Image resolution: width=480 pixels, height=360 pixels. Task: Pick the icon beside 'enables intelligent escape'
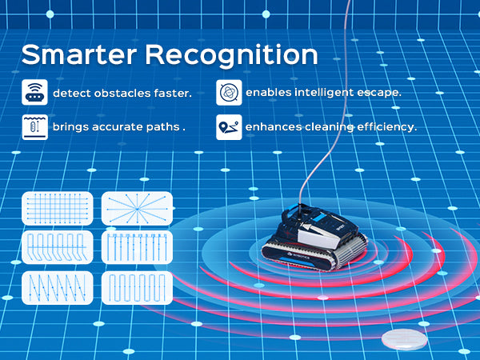(x=228, y=94)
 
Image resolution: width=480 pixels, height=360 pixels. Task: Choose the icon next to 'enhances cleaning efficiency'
(x=228, y=126)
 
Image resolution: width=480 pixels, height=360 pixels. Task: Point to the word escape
(x=378, y=93)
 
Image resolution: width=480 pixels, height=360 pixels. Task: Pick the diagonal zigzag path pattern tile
(x=55, y=287)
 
